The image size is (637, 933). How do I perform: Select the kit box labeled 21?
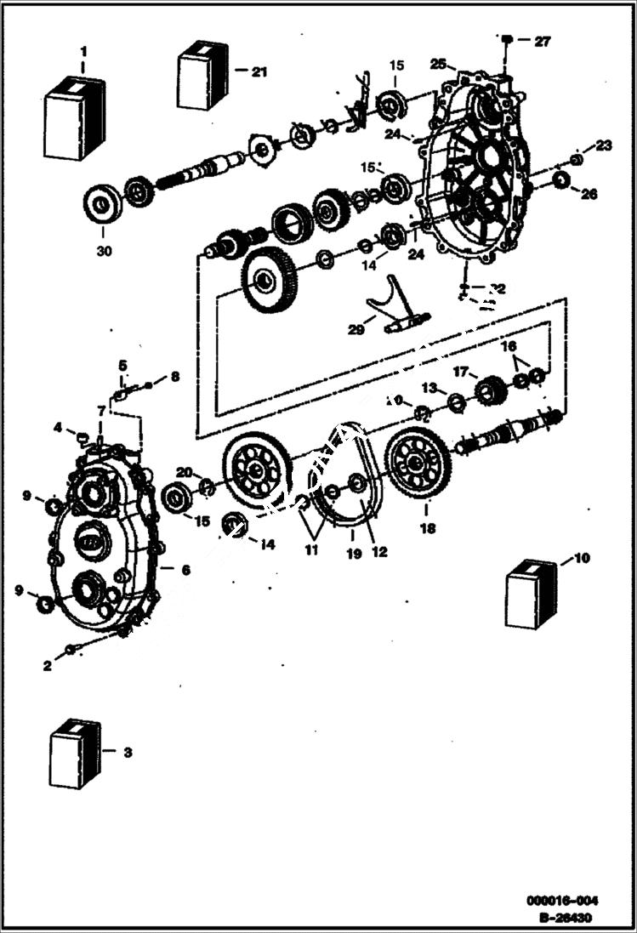pos(203,76)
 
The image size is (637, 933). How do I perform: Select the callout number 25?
pos(438,64)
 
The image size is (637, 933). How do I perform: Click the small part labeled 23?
pos(576,160)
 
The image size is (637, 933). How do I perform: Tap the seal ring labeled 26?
pos(560,179)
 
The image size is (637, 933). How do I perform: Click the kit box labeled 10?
pos(532,595)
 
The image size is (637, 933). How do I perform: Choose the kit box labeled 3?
pos(75,754)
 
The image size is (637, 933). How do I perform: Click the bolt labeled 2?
pos(71,651)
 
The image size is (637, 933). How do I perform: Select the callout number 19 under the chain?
pos(352,552)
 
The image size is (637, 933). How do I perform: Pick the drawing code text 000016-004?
pos(562,901)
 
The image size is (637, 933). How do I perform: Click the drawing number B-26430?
pos(566,918)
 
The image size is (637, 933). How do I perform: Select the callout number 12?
pos(379,552)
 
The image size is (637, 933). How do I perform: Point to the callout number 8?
pos(175,376)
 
